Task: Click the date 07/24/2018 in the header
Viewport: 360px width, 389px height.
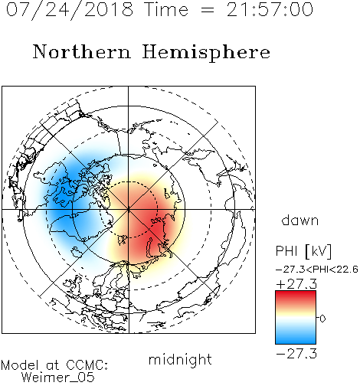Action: pyautogui.click(x=70, y=10)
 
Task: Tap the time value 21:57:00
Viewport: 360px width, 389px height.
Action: pyautogui.click(x=270, y=10)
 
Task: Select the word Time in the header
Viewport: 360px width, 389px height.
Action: pyautogui.click(x=166, y=10)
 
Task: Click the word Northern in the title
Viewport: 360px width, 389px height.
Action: pyautogui.click(x=81, y=52)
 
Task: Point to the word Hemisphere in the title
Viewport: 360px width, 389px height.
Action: pyautogui.click(x=206, y=53)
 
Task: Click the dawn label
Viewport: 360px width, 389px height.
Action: pyautogui.click(x=300, y=221)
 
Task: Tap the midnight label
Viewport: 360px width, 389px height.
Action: pyautogui.click(x=180, y=360)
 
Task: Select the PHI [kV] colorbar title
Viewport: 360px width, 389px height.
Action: pyautogui.click(x=303, y=251)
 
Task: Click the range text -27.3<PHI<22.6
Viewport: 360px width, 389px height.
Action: pyautogui.click(x=317, y=270)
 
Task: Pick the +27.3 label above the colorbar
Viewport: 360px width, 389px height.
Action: pyautogui.click(x=296, y=284)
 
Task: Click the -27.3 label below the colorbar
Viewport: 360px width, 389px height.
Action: pyautogui.click(x=296, y=354)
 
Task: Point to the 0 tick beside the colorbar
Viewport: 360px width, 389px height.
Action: pyautogui.click(x=322, y=319)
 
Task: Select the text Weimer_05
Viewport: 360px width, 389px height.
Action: pyautogui.click(x=58, y=378)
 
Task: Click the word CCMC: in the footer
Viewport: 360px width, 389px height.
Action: pyautogui.click(x=87, y=365)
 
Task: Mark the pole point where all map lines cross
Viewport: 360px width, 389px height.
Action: pyautogui.click(x=129, y=209)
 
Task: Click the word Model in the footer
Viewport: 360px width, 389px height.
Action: pyautogui.click(x=20, y=365)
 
